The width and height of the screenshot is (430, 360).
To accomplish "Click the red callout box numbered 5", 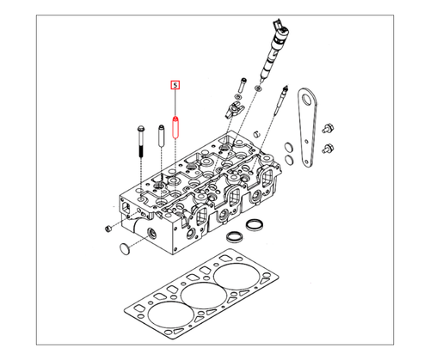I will (x=175, y=85).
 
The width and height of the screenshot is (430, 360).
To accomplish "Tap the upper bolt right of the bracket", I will (x=328, y=130).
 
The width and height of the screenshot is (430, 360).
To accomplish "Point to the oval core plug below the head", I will (x=126, y=250).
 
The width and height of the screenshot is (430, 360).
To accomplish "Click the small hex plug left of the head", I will (x=107, y=228).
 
